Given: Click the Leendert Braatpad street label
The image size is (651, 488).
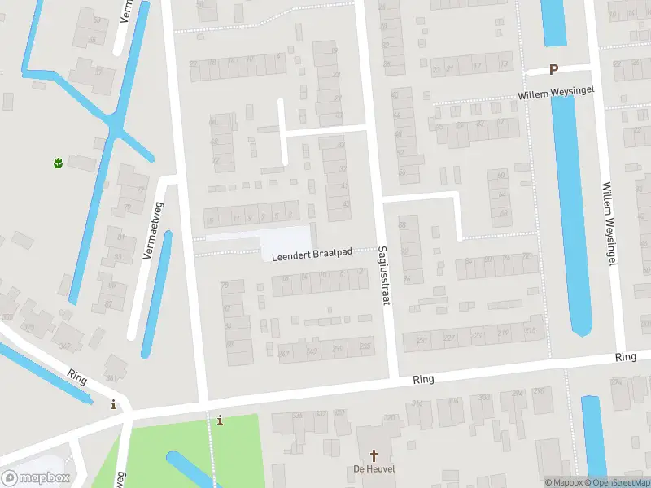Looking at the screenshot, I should pyautogui.click(x=312, y=254).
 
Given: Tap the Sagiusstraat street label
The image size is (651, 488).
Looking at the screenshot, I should pyautogui.click(x=381, y=277).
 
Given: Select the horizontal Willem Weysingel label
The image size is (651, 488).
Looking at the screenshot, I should pyautogui.click(x=557, y=94).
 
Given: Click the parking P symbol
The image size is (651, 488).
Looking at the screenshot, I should pyautogui.click(x=554, y=70).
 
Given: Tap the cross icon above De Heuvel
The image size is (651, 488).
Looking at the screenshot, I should pyautogui.click(x=374, y=455).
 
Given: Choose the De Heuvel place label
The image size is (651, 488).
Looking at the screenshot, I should pyautogui.click(x=369, y=469).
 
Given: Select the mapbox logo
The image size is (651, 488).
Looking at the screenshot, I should pyautogui.click(x=34, y=477).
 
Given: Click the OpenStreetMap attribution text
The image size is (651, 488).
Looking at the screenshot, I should pyautogui.click(x=616, y=482).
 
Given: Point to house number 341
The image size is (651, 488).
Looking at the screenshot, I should pyautogui.click(x=111, y=378).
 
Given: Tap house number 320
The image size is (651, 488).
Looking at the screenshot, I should pyautogui.click(x=390, y=418).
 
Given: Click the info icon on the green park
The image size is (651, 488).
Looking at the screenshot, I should pyautogui.click(x=220, y=420).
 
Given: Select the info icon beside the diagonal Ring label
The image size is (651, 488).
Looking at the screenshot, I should pyautogui.click(x=113, y=404).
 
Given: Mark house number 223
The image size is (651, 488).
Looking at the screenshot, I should pyautogui.click(x=477, y=334).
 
